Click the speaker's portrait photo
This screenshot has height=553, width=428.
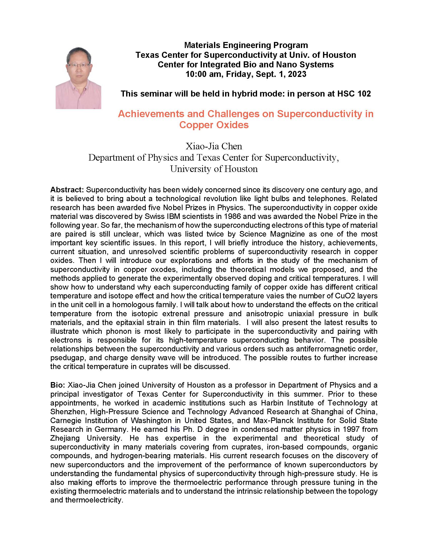[x=78, y=78]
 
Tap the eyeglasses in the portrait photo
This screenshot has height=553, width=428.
[x=78, y=65]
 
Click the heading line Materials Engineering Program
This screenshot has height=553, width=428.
[x=246, y=45]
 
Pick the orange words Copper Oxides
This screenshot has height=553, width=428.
[x=214, y=125]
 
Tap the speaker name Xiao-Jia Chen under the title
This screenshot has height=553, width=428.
[x=214, y=146]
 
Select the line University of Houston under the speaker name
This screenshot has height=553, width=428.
[x=214, y=169]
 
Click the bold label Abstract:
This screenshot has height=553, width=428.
[x=67, y=190]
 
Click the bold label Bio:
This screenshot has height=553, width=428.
[x=58, y=385]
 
